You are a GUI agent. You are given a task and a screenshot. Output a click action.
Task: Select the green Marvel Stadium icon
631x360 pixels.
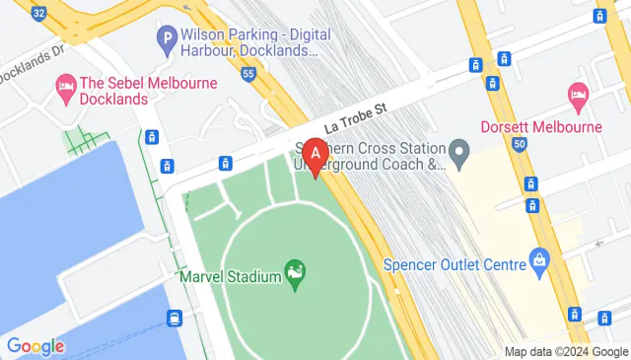click(x=293, y=269)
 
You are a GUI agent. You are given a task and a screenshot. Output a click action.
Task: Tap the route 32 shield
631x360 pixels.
click(x=37, y=12)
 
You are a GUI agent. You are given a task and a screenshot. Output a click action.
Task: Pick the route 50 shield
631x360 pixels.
click(x=519, y=145)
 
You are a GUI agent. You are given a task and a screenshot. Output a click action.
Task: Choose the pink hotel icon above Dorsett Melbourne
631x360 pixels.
click(x=579, y=94)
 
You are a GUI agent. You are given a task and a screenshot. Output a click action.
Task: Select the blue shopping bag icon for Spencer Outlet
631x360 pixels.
click(x=539, y=258)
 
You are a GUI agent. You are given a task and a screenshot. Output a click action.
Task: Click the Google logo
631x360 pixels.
click(x=35, y=346)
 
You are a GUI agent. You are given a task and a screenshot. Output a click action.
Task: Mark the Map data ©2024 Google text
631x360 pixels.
click(x=566, y=352)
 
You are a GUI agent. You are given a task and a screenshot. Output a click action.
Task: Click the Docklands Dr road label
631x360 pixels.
click(x=30, y=72)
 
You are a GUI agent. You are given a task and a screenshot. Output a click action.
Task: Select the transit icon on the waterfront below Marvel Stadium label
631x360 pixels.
click(x=175, y=317)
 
